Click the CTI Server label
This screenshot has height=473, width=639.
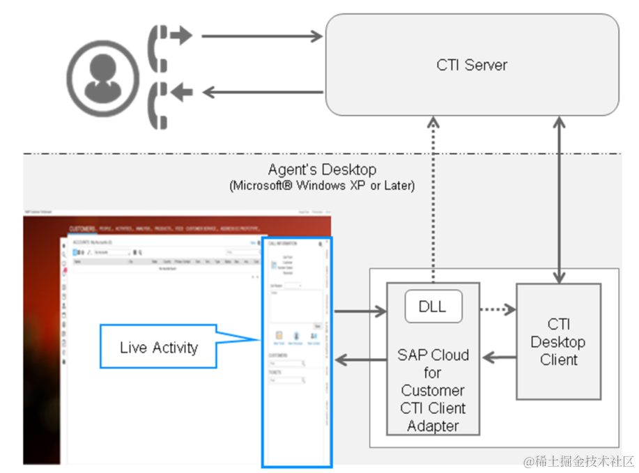472,65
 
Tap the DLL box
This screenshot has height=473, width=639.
433,307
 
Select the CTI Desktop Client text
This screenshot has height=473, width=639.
558,342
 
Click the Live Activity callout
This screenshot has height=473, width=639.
159,348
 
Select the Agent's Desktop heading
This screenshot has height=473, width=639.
322,170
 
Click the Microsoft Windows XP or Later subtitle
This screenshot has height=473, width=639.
322,186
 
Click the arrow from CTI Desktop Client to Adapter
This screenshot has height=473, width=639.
499,358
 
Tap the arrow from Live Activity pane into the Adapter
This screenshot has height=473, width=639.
360,311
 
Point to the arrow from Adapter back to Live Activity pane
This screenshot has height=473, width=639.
360,359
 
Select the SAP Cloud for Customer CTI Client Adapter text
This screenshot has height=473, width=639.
433,390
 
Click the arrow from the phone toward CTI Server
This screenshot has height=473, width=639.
263,36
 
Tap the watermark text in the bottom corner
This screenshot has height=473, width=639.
579,461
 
